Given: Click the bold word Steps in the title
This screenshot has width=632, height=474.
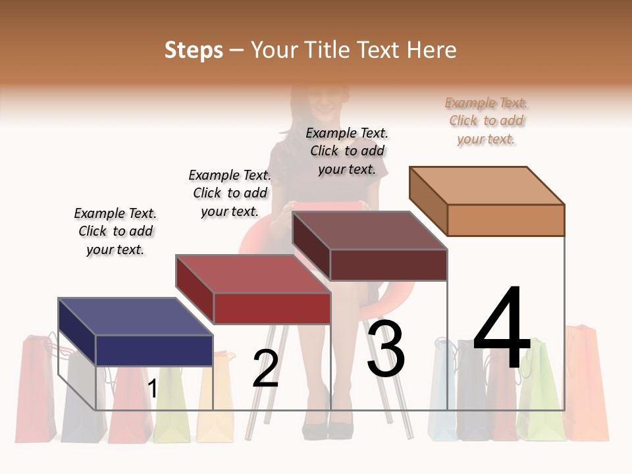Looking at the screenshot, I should pos(194,50).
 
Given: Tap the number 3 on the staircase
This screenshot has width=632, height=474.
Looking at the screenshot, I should pos(386,349).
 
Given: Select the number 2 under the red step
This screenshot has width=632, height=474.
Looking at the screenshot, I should pos(266,369).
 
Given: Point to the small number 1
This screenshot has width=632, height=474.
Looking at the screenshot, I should pos(153,388).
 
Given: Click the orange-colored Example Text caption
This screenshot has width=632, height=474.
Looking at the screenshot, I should pos(486,121).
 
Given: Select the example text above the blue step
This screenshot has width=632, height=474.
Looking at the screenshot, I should pos(115,232).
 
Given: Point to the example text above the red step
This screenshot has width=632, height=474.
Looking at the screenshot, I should pos(230,194).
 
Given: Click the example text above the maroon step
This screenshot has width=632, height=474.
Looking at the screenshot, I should pos(347,151).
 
